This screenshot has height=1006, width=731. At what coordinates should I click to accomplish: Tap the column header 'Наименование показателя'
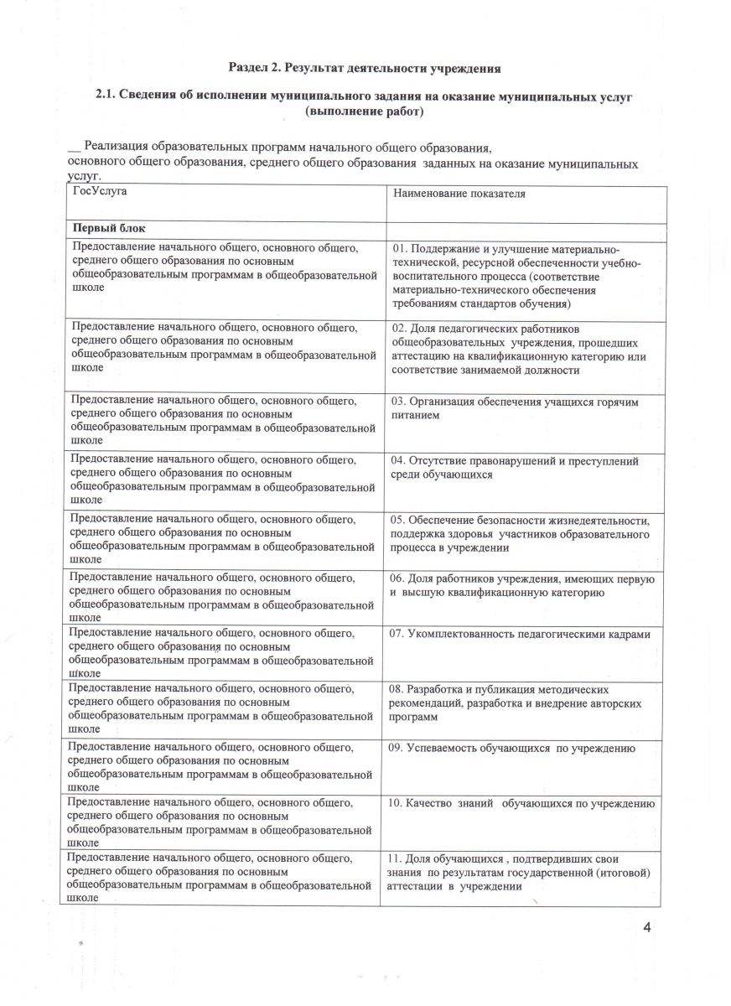[x=459, y=194]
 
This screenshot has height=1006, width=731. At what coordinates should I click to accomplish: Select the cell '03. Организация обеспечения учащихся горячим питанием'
[x=515, y=408]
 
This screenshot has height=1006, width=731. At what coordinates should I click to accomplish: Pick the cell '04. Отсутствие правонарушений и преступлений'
[x=515, y=468]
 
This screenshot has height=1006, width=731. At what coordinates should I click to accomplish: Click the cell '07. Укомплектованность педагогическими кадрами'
[x=521, y=634]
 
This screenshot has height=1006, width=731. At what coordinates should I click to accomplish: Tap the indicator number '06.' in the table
[x=398, y=578]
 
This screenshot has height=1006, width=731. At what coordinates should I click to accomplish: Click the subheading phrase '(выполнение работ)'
[x=365, y=111]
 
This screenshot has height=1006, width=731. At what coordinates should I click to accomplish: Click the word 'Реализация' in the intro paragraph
[x=118, y=147]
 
